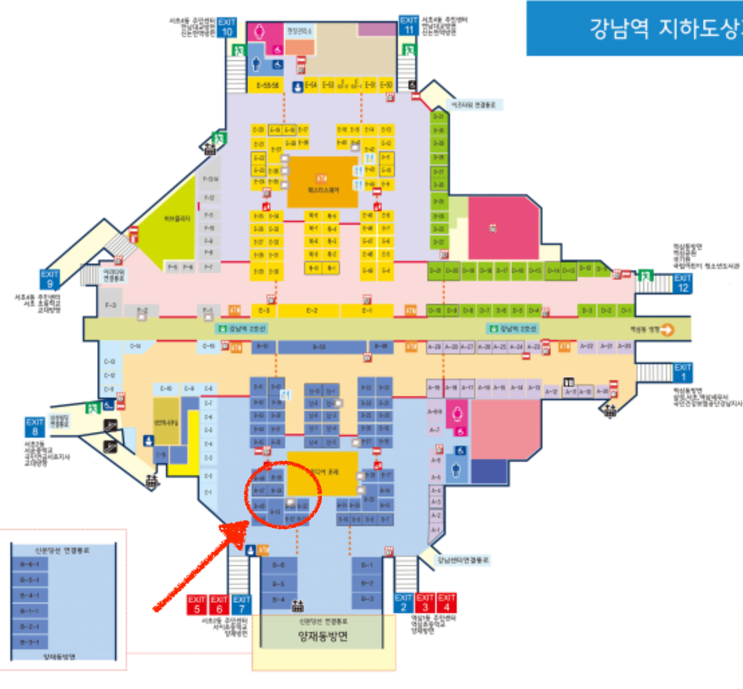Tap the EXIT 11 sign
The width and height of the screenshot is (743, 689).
tap(408, 26)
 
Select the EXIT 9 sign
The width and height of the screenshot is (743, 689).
tap(50, 279)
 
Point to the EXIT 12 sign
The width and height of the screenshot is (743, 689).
tap(682, 283)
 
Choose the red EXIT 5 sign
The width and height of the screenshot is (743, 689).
tap(196, 604)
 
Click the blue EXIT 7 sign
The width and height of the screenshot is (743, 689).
tap(241, 604)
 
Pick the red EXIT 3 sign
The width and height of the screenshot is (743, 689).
tap(425, 603)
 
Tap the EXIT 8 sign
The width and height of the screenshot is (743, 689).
tap(35, 427)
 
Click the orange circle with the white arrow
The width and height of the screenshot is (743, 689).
tap(666, 330)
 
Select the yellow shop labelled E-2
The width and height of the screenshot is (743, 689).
tap(311, 311)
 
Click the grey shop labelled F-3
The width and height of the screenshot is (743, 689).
tap(110, 305)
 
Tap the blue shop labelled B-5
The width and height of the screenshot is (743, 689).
tap(278, 583)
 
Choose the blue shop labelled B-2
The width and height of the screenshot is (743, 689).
tap(367, 583)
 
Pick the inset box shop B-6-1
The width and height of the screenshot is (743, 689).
tap(29, 564)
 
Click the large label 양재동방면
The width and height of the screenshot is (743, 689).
tap(323, 636)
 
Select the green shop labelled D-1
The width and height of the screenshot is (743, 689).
tap(625, 311)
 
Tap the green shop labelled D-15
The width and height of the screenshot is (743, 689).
tap(534, 271)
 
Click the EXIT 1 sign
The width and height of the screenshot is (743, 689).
tap(682, 372)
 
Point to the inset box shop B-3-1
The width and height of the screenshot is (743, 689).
tap(29, 642)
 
